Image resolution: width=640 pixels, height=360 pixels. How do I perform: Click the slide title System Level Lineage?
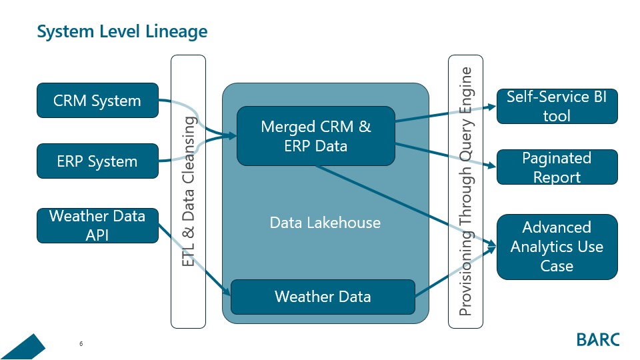pyautogui.click(x=122, y=31)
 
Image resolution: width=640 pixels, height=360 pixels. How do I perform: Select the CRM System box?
pyautogui.click(x=97, y=101)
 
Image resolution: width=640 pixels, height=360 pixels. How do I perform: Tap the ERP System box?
pyautogui.click(x=97, y=161)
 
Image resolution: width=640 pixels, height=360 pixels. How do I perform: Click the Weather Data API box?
pyautogui.click(x=97, y=225)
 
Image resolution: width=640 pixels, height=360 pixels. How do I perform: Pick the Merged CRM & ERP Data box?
pyautogui.click(x=316, y=136)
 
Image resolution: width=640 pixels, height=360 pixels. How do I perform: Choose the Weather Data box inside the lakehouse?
pyautogui.click(x=323, y=297)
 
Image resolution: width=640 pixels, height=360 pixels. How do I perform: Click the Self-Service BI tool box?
pyautogui.click(x=557, y=106)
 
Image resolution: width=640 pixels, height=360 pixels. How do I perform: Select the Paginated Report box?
pyautogui.click(x=557, y=167)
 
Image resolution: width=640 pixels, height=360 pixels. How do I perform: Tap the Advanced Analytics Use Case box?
pyautogui.click(x=557, y=247)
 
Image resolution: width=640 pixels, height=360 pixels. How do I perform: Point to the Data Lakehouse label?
pyautogui.click(x=325, y=223)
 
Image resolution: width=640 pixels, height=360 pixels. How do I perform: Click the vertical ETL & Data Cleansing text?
pyautogui.click(x=189, y=192)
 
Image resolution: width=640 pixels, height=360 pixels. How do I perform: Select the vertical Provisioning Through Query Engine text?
pyautogui.click(x=466, y=191)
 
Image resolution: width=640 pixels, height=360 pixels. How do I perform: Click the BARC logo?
pyautogui.click(x=597, y=339)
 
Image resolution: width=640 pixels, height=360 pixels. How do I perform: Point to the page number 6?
pyautogui.click(x=81, y=344)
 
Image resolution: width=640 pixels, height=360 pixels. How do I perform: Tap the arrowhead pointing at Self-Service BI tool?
pyautogui.click(x=493, y=105)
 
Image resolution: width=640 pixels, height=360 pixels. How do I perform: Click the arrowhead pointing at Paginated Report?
pyautogui.click(x=493, y=166)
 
